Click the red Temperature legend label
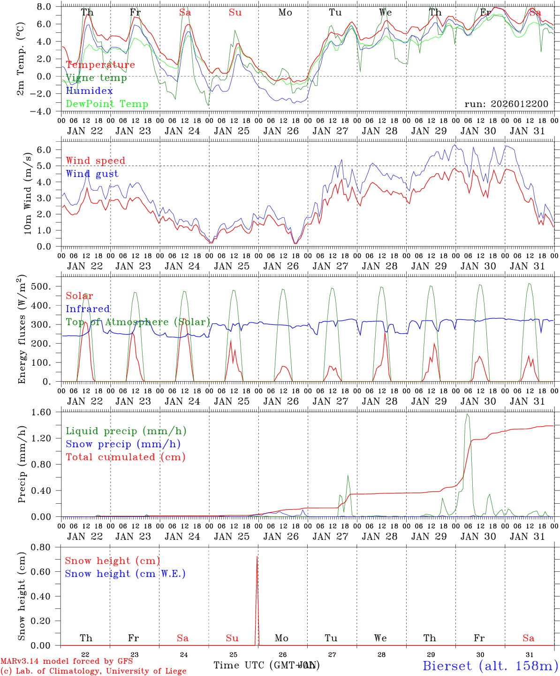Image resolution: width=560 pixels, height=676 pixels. tap(100, 65)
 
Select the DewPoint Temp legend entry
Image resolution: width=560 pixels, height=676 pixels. tap(107, 104)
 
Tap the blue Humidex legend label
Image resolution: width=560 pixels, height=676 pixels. tap(89, 91)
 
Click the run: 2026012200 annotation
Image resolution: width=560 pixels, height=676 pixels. tap(506, 104)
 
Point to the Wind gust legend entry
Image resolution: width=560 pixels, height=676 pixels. tap(92, 174)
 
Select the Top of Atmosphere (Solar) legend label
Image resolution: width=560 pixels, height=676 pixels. tap(138, 322)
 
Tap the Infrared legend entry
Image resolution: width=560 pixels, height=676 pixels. tap(88, 309)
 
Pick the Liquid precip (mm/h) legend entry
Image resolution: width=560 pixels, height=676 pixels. tap(126, 431)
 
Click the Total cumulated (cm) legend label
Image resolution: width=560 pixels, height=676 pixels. tap(126, 457)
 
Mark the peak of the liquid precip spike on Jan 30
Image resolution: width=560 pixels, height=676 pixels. tap(467, 415)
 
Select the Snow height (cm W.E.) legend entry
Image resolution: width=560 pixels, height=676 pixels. tap(125, 574)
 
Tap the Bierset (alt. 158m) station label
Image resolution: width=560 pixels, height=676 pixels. tap(490, 666)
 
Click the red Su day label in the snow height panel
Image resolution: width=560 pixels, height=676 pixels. tap(232, 638)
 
